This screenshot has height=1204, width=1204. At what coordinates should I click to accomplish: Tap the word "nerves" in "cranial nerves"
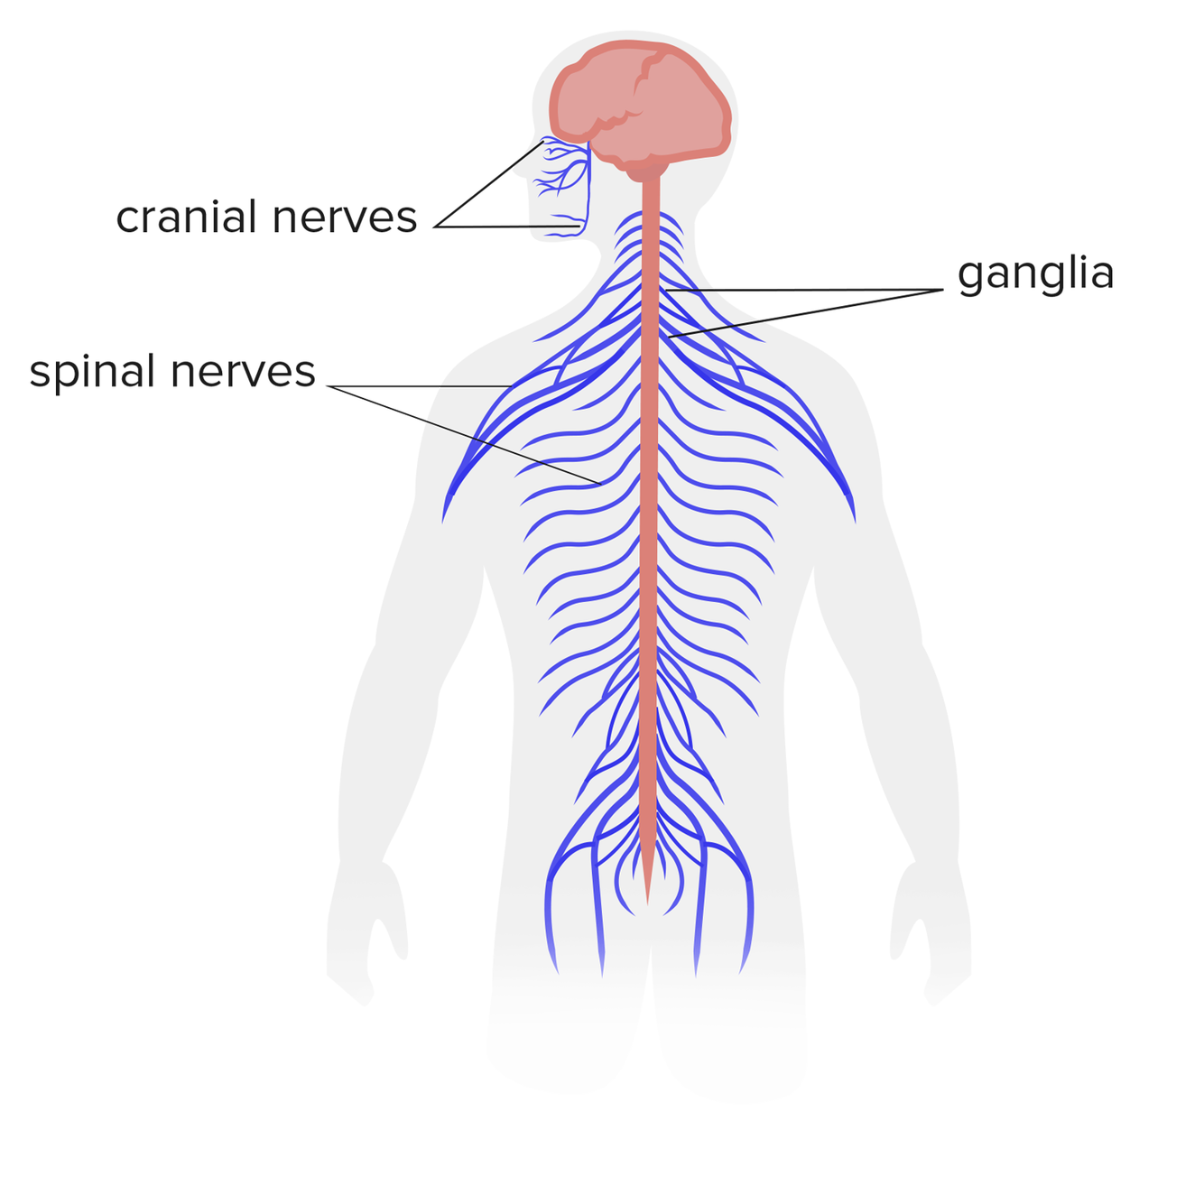tap(344, 218)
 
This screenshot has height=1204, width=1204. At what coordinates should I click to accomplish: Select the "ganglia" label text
tap(1035, 273)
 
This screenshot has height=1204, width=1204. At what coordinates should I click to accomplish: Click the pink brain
tap(641, 104)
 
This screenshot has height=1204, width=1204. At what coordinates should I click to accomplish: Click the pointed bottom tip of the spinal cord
tap(647, 899)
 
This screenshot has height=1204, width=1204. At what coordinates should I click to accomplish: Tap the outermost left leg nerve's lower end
tap(556, 971)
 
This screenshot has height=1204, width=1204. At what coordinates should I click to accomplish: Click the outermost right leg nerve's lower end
tap(742, 971)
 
